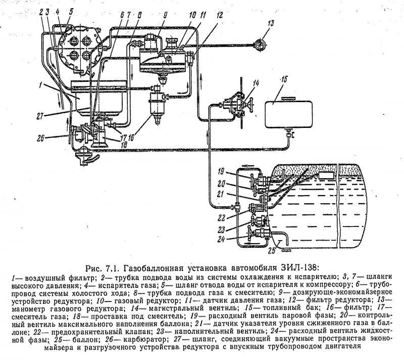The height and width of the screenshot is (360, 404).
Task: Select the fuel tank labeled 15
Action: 289,114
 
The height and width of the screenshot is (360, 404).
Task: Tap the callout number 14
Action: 256,83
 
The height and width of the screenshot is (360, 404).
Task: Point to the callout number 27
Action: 39,116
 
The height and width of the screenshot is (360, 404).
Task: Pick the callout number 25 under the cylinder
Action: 272,250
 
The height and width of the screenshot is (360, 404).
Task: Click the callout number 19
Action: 221,171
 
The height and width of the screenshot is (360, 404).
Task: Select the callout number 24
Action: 221,239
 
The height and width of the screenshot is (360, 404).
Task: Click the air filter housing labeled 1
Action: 98,98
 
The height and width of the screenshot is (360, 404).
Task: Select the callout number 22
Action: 221,218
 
